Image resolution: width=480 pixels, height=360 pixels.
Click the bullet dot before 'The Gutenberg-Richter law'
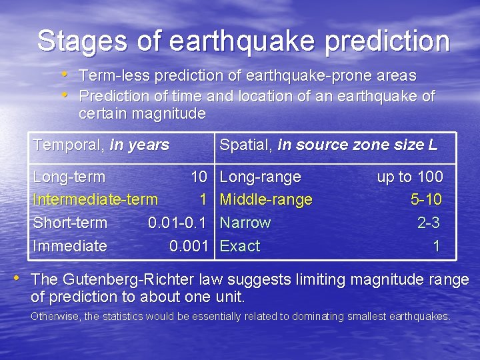tap(23, 277)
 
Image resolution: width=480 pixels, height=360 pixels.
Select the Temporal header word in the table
tap(69, 145)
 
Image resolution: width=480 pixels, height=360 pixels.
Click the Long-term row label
tap(69, 177)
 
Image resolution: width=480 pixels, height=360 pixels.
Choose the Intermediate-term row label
tap(95, 199)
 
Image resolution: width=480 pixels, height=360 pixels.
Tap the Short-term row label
tap(70, 223)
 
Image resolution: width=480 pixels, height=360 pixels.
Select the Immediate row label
tap(70, 246)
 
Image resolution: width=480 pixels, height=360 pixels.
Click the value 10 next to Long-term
tap(199, 177)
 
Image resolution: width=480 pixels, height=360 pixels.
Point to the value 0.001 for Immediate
tap(189, 246)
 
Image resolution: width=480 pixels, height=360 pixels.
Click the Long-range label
tap(260, 177)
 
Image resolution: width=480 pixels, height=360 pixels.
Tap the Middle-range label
tap(266, 199)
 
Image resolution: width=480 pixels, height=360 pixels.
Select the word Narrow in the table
tap(245, 223)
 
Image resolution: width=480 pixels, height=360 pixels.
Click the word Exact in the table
tap(240, 246)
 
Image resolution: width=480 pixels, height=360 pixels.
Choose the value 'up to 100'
tap(409, 177)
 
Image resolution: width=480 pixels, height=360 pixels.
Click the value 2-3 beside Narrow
tap(429, 223)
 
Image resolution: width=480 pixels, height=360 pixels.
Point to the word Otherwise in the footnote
tap(56, 317)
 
